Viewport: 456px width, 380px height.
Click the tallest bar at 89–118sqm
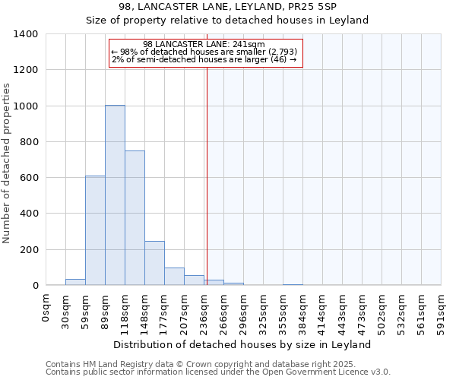[115, 195]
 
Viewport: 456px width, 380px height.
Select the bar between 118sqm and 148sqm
[135, 218]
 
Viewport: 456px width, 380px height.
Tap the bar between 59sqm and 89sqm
[95, 230]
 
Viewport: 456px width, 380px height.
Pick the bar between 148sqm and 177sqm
[154, 263]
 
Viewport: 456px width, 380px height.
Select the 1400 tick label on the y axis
[26, 34]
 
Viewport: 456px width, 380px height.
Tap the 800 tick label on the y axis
[29, 142]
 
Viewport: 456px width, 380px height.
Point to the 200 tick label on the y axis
[29, 250]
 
